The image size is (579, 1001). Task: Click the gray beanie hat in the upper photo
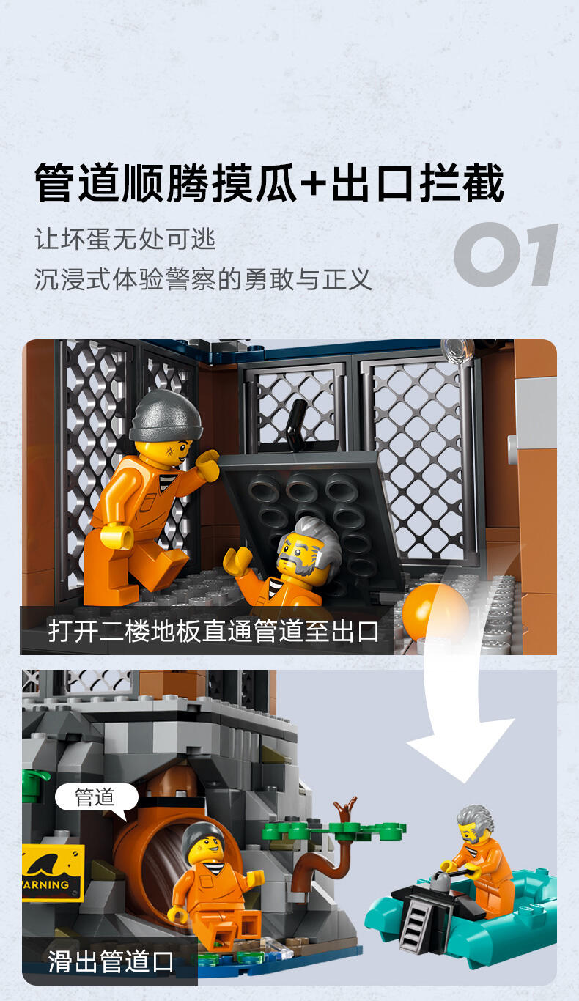coord(166,415)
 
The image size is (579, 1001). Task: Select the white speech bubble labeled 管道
coord(97,796)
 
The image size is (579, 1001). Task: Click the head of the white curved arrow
coord(462,750)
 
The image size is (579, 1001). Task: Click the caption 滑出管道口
coord(111,961)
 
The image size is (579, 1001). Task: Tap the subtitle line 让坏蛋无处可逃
coord(125,239)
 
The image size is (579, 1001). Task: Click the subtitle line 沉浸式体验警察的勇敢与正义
coord(203,279)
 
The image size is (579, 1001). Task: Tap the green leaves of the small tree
coord(333,830)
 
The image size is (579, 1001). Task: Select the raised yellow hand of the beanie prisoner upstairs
coord(207,465)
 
